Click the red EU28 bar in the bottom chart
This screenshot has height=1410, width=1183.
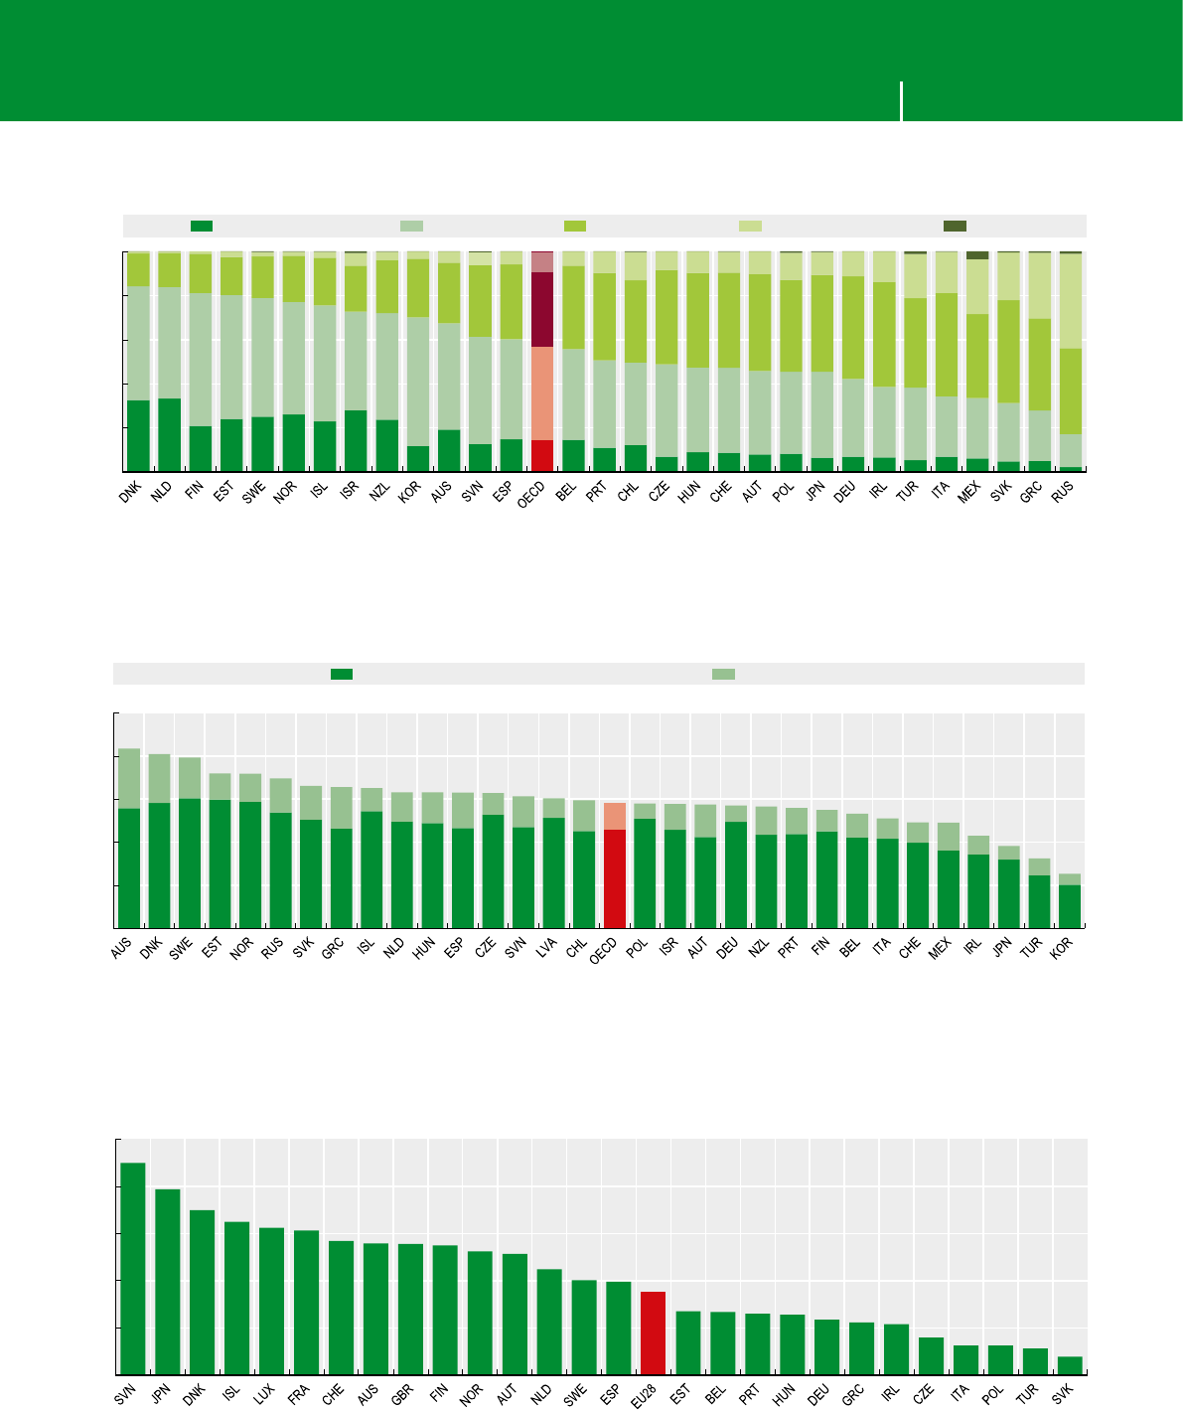pyautogui.click(x=653, y=1332)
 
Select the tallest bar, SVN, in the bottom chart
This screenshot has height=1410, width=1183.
pyautogui.click(x=133, y=1268)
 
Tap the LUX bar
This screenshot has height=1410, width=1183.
pyautogui.click(x=271, y=1301)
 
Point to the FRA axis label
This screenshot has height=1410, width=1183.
pyautogui.click(x=298, y=1394)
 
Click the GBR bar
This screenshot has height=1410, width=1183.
pyautogui.click(x=410, y=1309)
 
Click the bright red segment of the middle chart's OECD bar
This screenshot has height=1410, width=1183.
pyautogui.click(x=615, y=877)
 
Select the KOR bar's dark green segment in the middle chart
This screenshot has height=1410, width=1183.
pyautogui.click(x=1069, y=905)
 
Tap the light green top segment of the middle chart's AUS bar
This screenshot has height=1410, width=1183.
pyautogui.click(x=129, y=778)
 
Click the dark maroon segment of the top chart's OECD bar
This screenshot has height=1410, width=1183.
pyautogui.click(x=542, y=309)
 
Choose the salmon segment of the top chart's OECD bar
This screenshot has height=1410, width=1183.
pyautogui.click(x=542, y=393)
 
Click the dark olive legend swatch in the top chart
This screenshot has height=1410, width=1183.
pyautogui.click(x=955, y=227)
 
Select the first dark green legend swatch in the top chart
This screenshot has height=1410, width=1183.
pyautogui.click(x=202, y=227)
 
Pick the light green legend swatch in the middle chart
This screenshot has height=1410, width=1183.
pyautogui.click(x=723, y=675)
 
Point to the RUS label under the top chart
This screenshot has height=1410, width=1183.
pyautogui.click(x=1063, y=492)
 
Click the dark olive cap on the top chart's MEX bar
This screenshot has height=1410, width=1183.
pyautogui.click(x=977, y=255)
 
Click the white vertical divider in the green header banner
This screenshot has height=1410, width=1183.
pyautogui.click(x=902, y=101)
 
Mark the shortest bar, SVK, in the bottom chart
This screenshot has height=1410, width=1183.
pyautogui.click(x=1069, y=1365)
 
